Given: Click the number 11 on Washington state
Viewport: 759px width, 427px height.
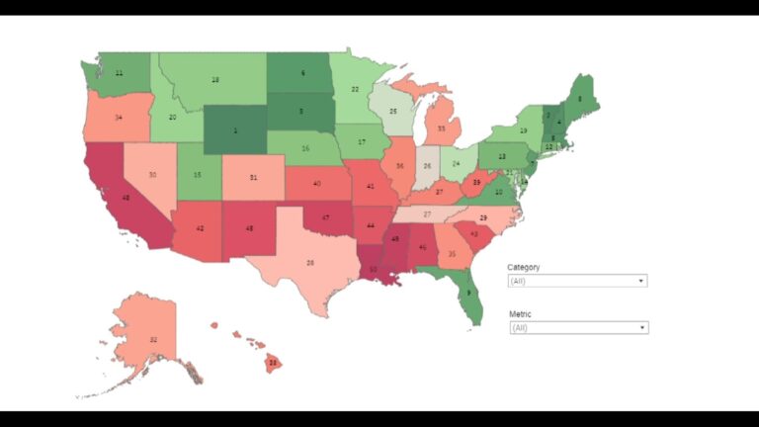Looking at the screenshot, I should (119, 73).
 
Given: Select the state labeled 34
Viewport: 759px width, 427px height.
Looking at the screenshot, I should (119, 117).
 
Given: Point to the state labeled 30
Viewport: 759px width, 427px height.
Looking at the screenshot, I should (152, 174).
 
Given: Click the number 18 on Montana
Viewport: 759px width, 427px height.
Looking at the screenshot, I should (214, 79).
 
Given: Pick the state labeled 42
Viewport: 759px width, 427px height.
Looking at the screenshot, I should (201, 228).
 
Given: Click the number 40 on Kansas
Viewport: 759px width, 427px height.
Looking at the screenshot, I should (316, 184).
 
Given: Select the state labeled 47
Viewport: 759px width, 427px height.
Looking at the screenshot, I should (325, 216).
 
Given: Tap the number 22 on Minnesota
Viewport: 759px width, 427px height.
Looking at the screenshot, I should (354, 89).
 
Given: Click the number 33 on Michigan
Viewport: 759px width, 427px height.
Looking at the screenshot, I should (441, 128).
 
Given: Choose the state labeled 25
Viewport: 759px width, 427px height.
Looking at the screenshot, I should (392, 112).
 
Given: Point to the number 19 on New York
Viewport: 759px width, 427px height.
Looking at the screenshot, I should (523, 130).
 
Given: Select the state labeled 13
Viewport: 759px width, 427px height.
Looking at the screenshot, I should (502, 156).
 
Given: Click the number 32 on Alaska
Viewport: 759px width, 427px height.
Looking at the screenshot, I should (153, 339).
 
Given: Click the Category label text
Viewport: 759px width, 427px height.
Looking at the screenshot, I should (524, 267).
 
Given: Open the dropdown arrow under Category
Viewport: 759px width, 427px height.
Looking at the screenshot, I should (641, 281).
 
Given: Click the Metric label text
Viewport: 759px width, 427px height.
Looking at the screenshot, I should (520, 313).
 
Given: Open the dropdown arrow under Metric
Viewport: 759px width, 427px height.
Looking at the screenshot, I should (642, 327).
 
